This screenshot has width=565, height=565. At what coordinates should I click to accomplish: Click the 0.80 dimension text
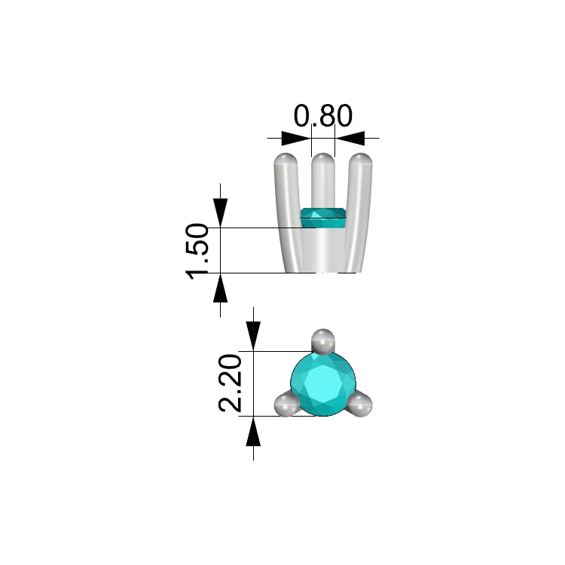click(x=323, y=116)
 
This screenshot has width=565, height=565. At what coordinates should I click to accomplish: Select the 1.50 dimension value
click(x=197, y=252)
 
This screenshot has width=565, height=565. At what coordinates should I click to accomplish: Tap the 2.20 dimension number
click(x=230, y=383)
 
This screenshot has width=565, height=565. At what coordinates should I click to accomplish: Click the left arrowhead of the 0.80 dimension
click(x=296, y=138)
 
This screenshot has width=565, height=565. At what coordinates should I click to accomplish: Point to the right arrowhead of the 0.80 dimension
click(x=350, y=138)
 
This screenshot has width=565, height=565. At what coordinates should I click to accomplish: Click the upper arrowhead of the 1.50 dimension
click(x=220, y=213)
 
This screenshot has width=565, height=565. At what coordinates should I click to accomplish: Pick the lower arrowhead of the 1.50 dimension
click(x=220, y=288)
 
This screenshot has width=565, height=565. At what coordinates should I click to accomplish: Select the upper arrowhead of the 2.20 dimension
click(x=253, y=336)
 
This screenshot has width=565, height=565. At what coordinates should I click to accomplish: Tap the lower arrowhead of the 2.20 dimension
click(x=253, y=431)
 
